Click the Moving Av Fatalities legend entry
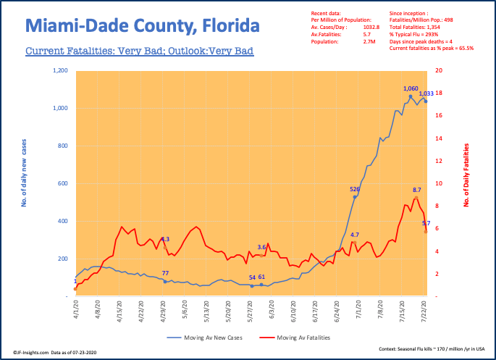click(x=300, y=338)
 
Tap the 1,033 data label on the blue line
click(x=426, y=93)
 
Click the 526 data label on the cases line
click(x=355, y=189)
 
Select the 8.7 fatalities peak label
click(x=417, y=189)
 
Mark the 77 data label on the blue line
click(x=165, y=273)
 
